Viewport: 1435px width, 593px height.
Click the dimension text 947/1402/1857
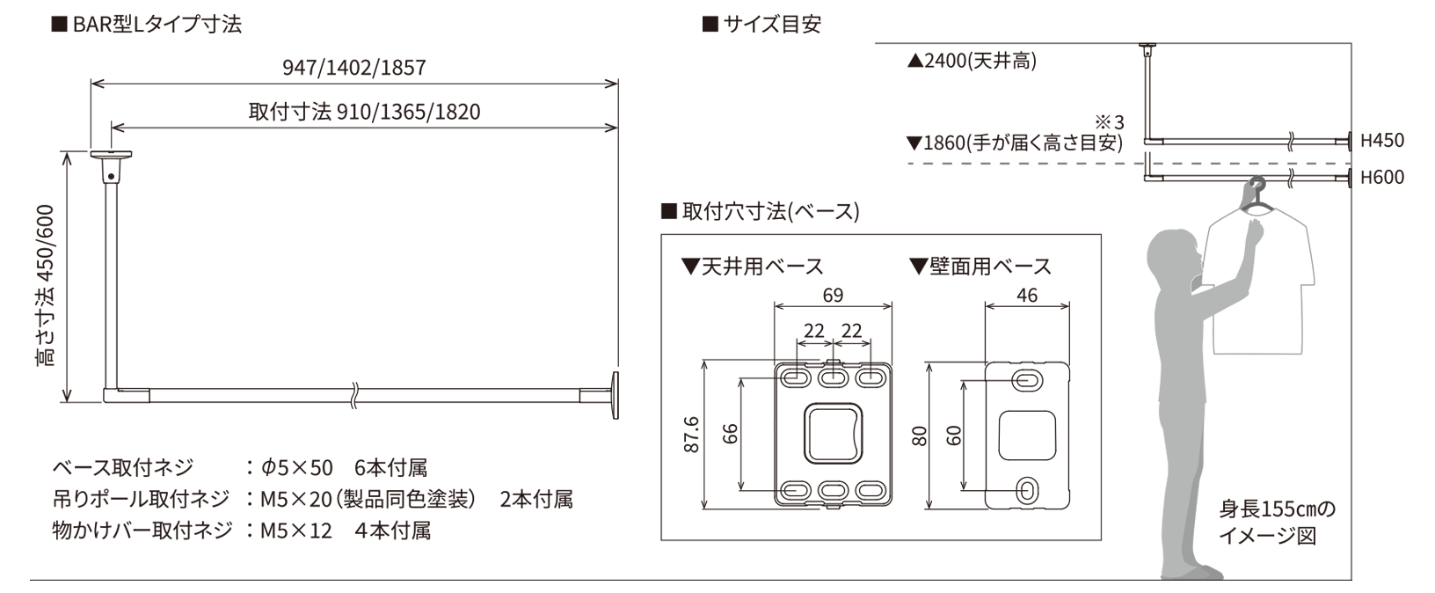pos(354,68)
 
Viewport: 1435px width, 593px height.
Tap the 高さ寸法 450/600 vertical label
pos(46,285)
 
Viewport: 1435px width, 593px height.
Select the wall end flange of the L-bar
pos(615,396)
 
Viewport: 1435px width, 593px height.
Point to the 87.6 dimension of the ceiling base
pos(691,435)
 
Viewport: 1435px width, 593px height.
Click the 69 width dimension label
pos(833,295)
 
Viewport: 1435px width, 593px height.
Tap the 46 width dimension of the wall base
pos(1027,295)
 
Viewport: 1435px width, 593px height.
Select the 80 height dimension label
pos(920,436)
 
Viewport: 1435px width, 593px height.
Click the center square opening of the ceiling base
pos(833,434)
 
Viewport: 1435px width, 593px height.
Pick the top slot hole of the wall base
pos(1027,381)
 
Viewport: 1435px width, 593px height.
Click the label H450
pos(1382,140)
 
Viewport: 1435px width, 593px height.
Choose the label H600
pos(1382,177)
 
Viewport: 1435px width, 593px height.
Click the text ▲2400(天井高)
pos(972,61)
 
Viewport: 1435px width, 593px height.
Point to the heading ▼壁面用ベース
pos(980,266)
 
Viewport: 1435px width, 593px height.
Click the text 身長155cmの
pos(1277,509)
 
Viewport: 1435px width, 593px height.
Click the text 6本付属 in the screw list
pos(390,468)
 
